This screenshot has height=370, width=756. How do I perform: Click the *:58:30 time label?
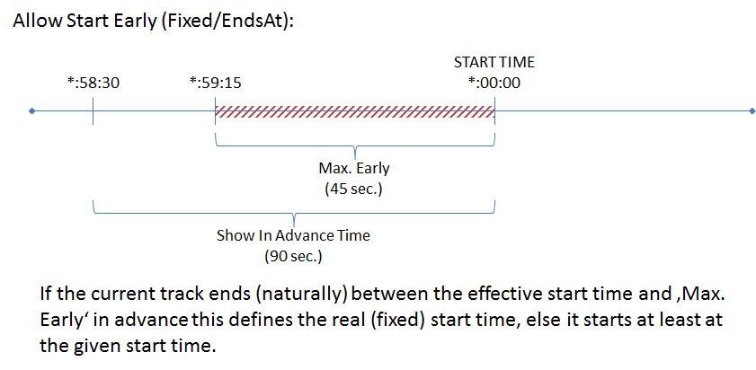93,84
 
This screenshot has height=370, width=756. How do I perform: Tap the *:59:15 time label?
215,84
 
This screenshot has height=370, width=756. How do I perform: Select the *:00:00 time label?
494,84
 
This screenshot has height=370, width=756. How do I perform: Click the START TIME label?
494,63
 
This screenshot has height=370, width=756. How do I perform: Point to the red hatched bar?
354,112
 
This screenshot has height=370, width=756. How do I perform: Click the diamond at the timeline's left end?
32,111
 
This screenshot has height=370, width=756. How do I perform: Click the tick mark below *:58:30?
93,112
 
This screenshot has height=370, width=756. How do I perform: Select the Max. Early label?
354,169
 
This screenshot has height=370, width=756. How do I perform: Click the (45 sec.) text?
354,189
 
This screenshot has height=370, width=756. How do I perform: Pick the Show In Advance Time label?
293,236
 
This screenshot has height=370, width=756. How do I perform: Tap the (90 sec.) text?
293,256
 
